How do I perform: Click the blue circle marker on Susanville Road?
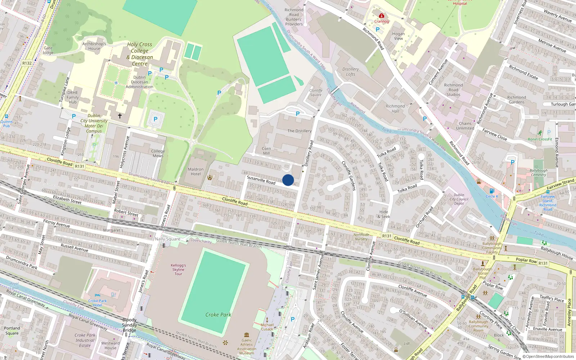click(x=288, y=180)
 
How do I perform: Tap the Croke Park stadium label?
click(x=218, y=315)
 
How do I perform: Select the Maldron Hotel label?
click(x=195, y=172)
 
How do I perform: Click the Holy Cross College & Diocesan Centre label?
click(x=140, y=54)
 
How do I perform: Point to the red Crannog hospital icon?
click(x=382, y=16)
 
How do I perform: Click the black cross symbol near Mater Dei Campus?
click(x=120, y=116)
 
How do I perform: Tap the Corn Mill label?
click(x=266, y=151)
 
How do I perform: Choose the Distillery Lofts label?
click(x=351, y=72)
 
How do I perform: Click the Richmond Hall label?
click(x=395, y=109)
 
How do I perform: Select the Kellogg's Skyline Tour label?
click(x=178, y=269)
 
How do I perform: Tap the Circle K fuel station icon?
click(x=492, y=191)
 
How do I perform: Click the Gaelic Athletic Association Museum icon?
click(x=247, y=335)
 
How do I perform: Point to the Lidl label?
click(x=406, y=343)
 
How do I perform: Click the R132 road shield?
click(x=27, y=63)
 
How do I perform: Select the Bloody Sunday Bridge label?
click(x=129, y=325)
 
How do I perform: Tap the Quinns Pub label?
click(x=6, y=123)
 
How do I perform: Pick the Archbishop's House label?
click(x=94, y=46)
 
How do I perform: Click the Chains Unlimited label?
click(x=465, y=126)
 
